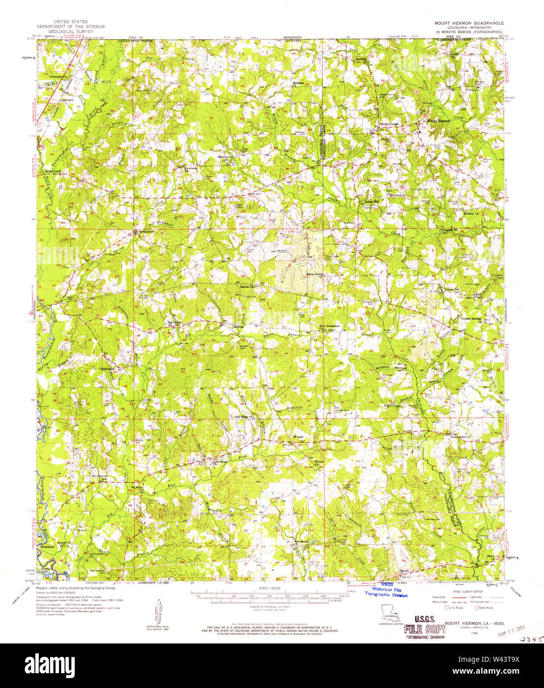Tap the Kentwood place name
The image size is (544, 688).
click(52, 171)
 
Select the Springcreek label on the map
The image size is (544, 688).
click(147, 231)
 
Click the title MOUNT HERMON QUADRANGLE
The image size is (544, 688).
click(469, 23)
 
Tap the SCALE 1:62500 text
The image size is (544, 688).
click(272, 588)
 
